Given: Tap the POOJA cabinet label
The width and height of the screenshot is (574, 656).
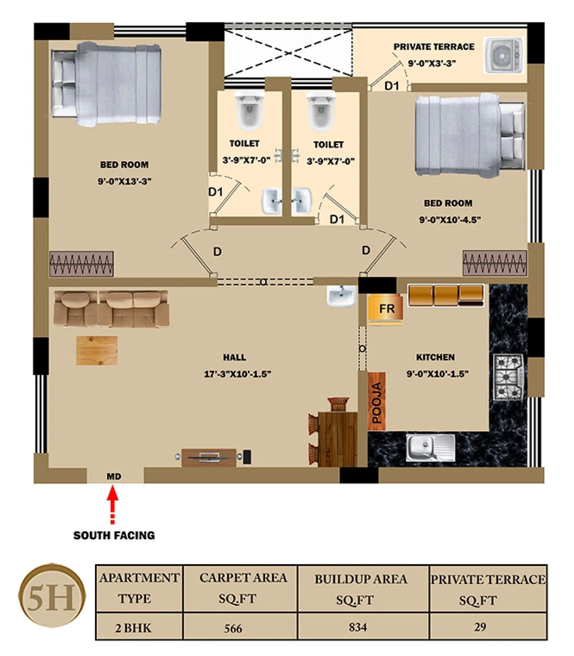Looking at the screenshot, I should point(376,402).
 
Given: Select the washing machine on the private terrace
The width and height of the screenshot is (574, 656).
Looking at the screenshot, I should point(503,55).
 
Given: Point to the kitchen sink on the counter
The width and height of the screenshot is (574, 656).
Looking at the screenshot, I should point(430,447).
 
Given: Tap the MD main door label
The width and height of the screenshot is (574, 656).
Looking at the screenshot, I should point(114,476).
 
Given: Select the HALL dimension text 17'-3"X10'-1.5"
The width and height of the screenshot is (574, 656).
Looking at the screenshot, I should point(237,374).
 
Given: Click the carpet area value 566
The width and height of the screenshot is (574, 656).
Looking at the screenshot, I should point(233,628).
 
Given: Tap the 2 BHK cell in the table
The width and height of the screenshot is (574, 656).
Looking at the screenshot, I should point(133,628).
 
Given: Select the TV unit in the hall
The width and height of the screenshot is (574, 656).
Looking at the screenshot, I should point(209,457).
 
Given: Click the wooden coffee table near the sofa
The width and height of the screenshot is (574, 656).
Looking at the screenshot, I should point(97,350).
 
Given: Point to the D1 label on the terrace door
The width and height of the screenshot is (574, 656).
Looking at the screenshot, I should point(391,86).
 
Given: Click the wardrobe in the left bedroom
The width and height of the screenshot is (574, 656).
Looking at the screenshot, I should point(81,264).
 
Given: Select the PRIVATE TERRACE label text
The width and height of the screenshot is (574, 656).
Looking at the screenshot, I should point(433,47).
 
